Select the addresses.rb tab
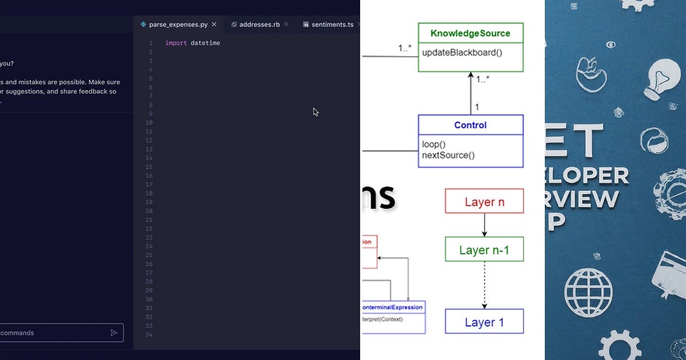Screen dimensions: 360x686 tap(259, 25)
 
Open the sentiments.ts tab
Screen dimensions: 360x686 tap(332, 25)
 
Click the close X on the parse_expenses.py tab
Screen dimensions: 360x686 tap(214, 25)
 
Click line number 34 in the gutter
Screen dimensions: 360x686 tap(149, 335)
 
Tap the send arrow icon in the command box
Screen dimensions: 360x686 tap(114, 333)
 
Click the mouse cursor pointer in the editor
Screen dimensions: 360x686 tap(316, 112)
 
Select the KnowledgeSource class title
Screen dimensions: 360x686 tap(470, 33)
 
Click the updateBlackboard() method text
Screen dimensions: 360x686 tap(462, 53)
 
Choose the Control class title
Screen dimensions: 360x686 tap(470, 125)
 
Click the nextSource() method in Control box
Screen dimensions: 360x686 tap(448, 155)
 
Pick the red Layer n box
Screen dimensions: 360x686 tap(484, 202)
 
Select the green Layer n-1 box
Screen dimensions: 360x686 tap(484, 250)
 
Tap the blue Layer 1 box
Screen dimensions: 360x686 tap(484, 322)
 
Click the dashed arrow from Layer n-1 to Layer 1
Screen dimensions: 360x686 tap(484, 285)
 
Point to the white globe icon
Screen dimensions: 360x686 tap(588, 292)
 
